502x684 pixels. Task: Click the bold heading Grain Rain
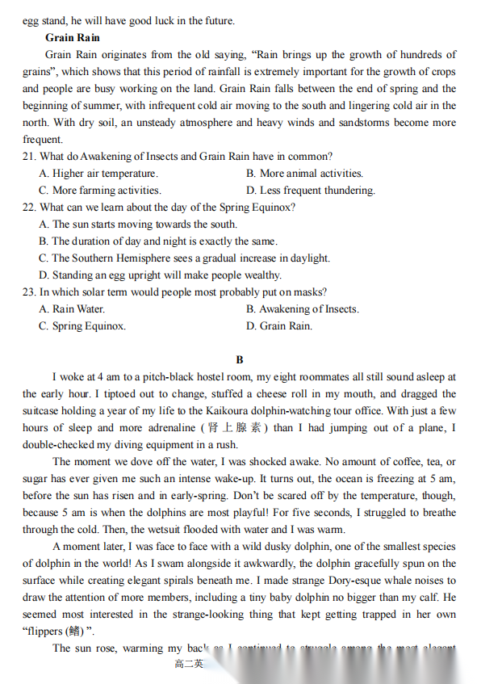tap(73, 37)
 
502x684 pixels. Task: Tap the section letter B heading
tap(240, 359)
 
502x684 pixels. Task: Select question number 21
tap(30, 156)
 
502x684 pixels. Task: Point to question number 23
tap(30, 292)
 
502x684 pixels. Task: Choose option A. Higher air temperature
tap(98, 173)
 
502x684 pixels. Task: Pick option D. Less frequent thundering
tap(311, 191)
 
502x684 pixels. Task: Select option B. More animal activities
tap(305, 173)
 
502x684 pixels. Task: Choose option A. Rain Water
tap(72, 308)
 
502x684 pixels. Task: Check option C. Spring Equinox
tap(82, 326)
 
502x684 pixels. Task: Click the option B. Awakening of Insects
tap(303, 308)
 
